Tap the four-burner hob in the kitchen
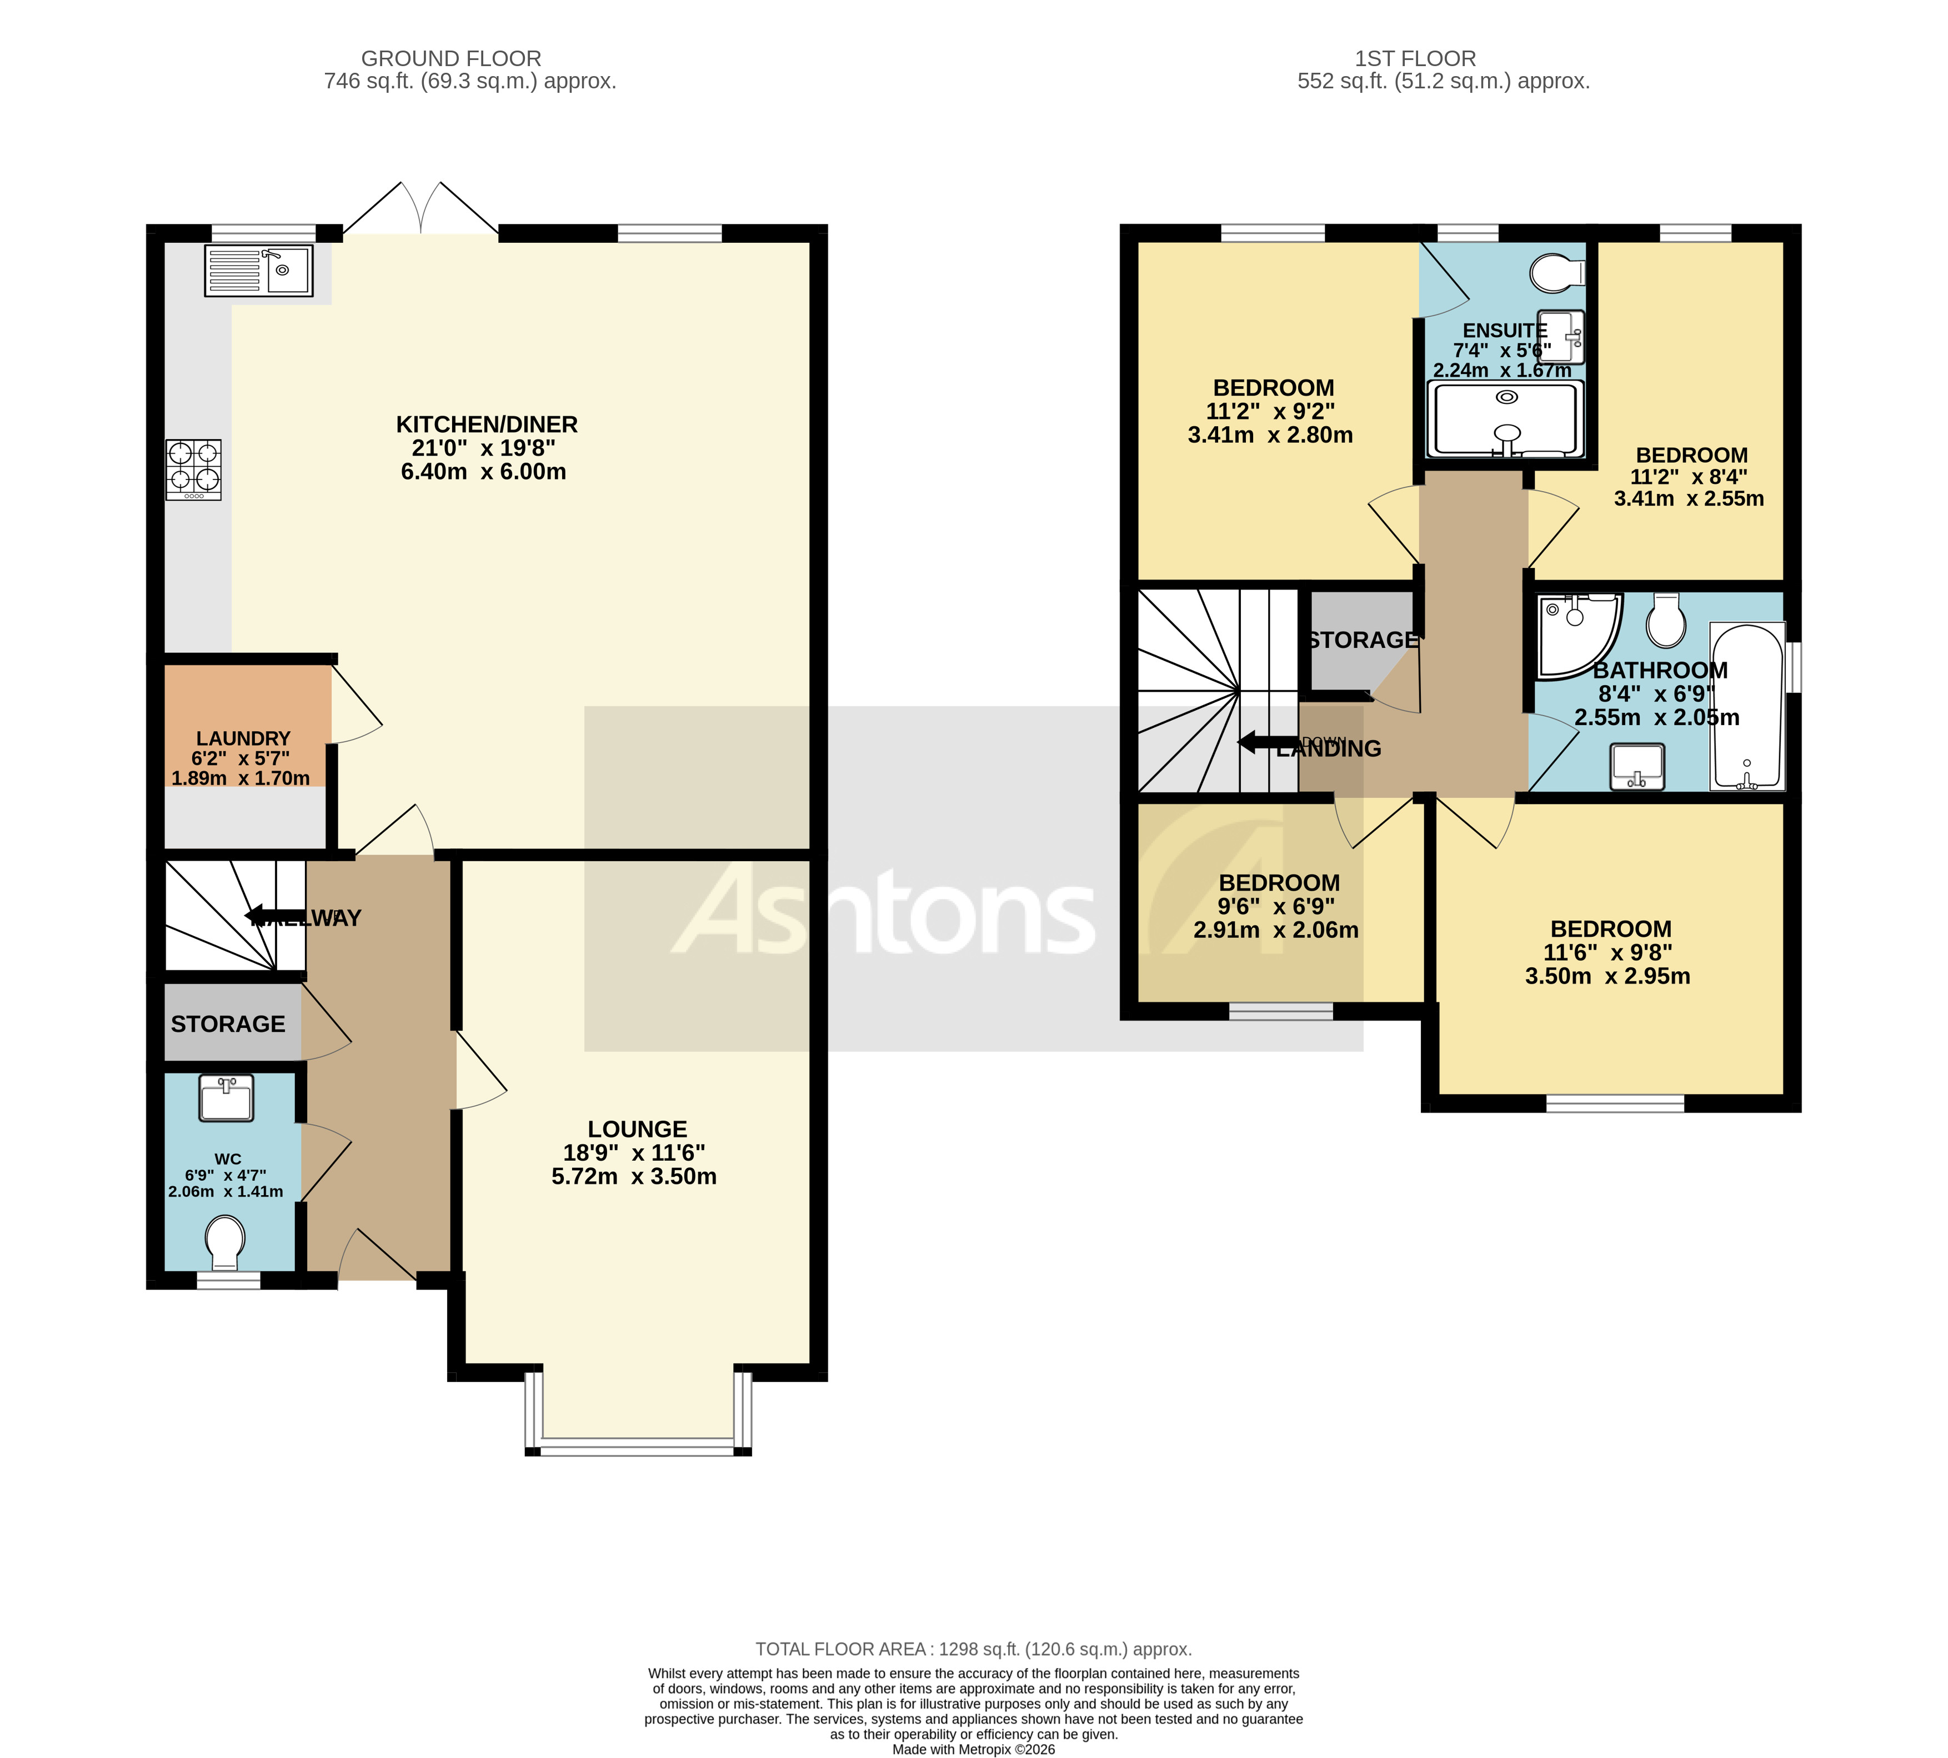point(193,470)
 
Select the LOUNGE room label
point(637,1128)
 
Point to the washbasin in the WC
point(226,1098)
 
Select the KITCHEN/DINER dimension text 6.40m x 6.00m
point(483,471)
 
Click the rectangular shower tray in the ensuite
point(1506,419)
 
